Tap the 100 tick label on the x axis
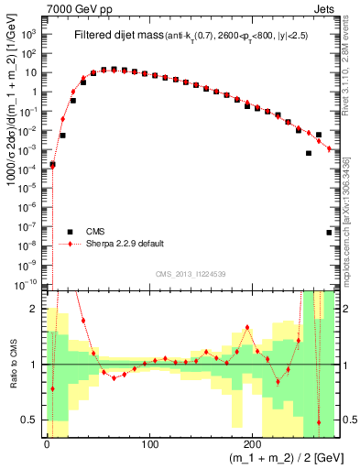150,444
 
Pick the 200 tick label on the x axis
254,444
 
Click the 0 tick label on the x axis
47,444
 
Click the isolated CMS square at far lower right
329,233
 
